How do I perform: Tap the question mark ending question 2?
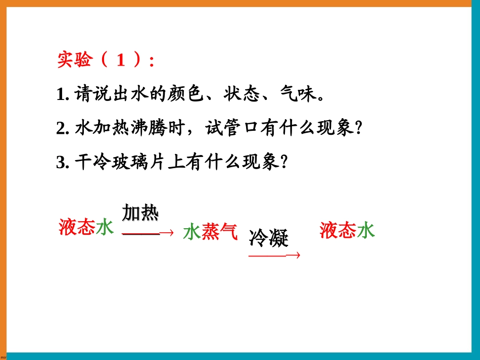[x=359, y=128]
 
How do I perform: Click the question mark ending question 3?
[x=284, y=162]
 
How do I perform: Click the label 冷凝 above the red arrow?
[x=268, y=238]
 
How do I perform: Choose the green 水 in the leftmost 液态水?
[x=105, y=228]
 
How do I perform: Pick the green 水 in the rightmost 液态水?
[x=366, y=231]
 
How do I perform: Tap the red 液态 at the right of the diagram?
[x=338, y=231]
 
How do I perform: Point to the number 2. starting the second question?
[x=63, y=129]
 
